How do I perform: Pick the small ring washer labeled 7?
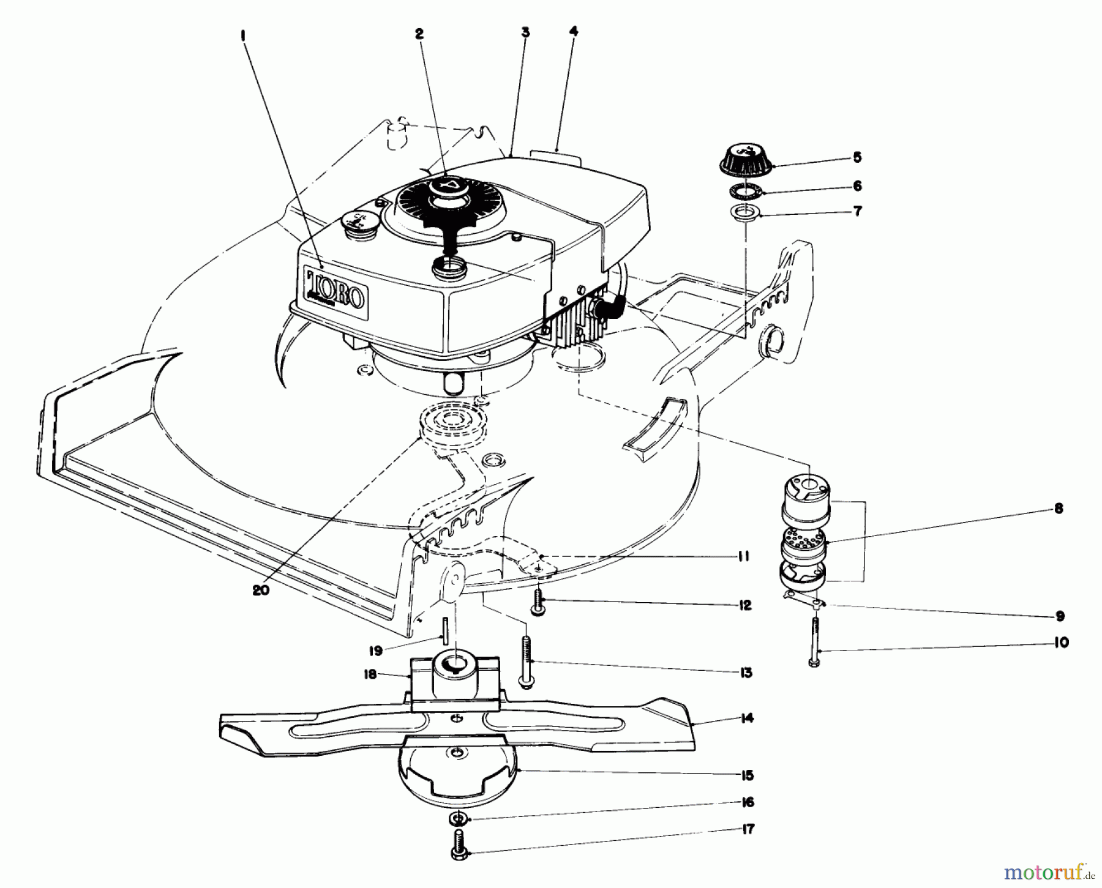(x=746, y=214)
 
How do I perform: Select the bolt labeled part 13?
(x=525, y=663)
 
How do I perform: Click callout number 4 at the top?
(x=574, y=31)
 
